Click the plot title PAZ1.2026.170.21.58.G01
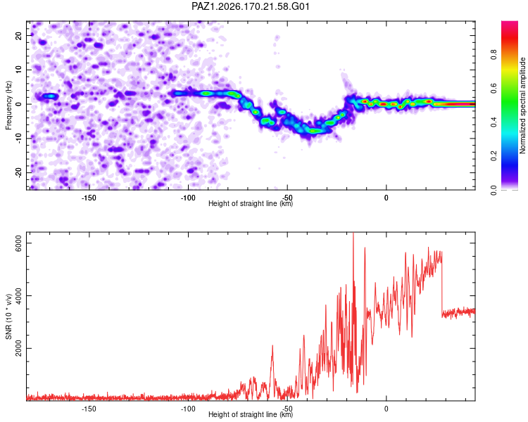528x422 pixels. click(x=250, y=6)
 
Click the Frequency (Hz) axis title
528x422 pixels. click(x=8, y=105)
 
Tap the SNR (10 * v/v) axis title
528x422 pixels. click(x=8, y=316)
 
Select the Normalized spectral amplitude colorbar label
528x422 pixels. click(x=522, y=105)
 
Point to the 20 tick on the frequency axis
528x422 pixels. click(x=18, y=36)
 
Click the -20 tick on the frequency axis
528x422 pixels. click(x=18, y=173)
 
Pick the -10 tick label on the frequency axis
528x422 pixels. click(x=18, y=139)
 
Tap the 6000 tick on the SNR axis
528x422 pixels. click(x=18, y=243)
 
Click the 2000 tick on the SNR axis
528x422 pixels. click(x=18, y=348)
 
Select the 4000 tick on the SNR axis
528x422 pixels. click(x=18, y=296)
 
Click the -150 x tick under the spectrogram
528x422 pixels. click(x=89, y=198)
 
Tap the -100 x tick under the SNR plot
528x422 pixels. click(x=188, y=409)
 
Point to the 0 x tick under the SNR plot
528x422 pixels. click(x=386, y=409)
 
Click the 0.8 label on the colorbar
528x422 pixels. click(x=494, y=55)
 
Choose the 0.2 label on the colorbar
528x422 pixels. click(x=494, y=156)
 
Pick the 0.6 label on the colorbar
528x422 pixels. click(x=494, y=89)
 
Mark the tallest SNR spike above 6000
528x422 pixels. click(x=353, y=234)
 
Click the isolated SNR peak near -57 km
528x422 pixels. click(x=272, y=345)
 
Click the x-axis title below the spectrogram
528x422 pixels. click(x=251, y=203)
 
